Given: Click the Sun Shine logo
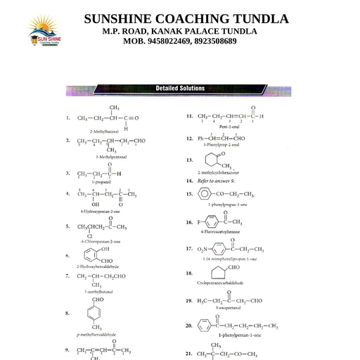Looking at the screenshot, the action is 45,33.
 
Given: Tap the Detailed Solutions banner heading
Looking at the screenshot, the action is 180,89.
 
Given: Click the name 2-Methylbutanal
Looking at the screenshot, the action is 104,131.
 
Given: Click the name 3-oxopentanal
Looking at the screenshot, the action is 229,309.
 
